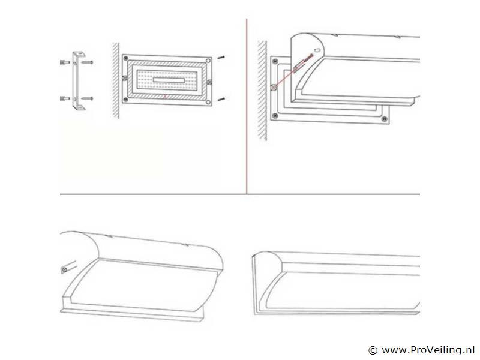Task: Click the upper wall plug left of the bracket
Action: (65, 62)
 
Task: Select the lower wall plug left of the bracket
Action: (65, 98)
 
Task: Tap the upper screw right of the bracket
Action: (87, 62)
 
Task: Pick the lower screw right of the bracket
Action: (87, 98)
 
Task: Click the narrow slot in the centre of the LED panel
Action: (169, 80)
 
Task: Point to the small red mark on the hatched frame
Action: (166, 97)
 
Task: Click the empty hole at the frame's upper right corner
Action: (208, 61)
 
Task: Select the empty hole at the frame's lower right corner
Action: (208, 102)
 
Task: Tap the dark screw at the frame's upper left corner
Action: (125, 58)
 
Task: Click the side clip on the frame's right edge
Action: (209, 82)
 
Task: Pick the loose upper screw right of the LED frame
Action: (221, 57)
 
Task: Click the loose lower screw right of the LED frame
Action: (221, 99)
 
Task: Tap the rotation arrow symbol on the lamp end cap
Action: (317, 50)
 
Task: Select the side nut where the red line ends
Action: (274, 88)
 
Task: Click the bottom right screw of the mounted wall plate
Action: (384, 119)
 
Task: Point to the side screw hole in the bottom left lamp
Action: (65, 270)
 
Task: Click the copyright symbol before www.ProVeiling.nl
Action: (373, 350)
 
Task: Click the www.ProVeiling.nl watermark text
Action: (428, 350)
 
